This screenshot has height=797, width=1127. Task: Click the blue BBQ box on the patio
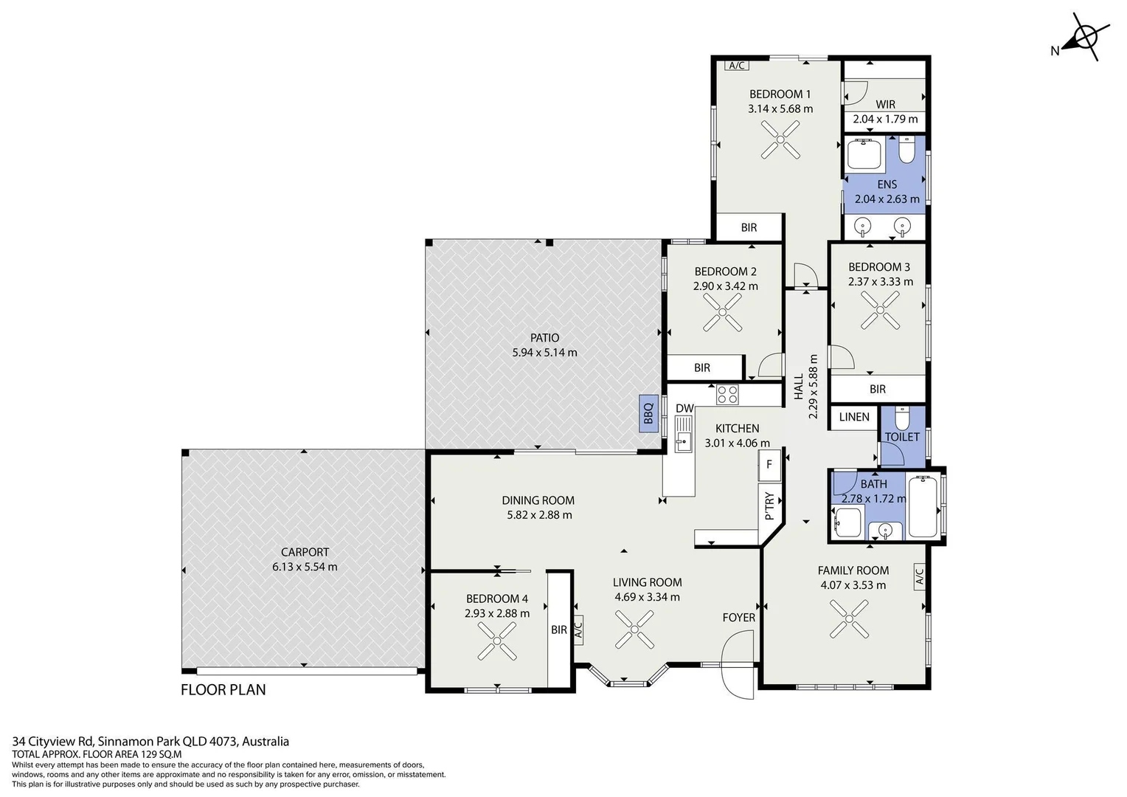(648, 413)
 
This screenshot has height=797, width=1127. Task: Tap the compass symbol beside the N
(1085, 37)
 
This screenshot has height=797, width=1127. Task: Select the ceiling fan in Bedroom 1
(780, 139)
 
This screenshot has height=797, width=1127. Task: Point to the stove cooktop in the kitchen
(727, 394)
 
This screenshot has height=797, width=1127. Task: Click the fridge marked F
(769, 465)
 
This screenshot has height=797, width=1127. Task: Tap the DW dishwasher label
(684, 408)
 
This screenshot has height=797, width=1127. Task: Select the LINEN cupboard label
(854, 417)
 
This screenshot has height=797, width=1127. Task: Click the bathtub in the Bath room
(923, 506)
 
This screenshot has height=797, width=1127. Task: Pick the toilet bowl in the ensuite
(906, 150)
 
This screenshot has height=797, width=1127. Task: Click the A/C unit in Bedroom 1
(737, 66)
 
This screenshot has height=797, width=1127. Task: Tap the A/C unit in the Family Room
(920, 576)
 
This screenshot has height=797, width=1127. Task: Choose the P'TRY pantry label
(769, 506)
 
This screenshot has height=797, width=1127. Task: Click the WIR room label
(886, 104)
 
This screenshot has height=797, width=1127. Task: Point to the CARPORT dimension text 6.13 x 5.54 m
(305, 567)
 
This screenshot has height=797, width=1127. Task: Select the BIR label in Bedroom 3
(878, 389)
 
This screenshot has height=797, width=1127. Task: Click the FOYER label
(739, 617)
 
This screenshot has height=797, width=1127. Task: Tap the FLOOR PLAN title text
(223, 690)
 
